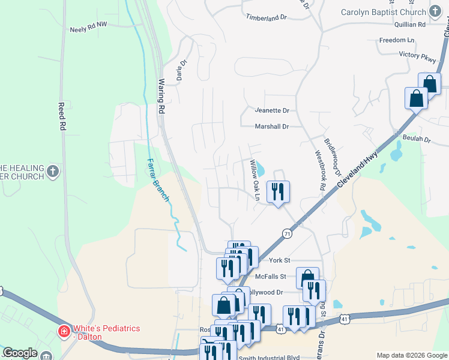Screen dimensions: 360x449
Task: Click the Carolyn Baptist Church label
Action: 382,12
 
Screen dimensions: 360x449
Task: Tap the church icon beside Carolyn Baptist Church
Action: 434,11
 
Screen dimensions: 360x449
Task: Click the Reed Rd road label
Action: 61,116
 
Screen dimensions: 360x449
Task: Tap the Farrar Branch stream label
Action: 159,181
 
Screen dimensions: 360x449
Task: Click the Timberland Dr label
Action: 266,18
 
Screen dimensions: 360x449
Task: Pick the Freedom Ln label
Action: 397,40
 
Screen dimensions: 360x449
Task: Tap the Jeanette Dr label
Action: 272,110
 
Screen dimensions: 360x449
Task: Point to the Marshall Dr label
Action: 272,127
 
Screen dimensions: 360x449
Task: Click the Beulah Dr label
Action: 418,139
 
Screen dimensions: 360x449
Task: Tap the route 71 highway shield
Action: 288,233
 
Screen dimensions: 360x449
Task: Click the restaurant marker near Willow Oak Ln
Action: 277,191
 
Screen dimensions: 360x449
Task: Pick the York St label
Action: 280,260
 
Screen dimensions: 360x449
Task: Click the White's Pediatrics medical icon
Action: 63,331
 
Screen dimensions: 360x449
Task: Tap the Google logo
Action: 20,353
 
